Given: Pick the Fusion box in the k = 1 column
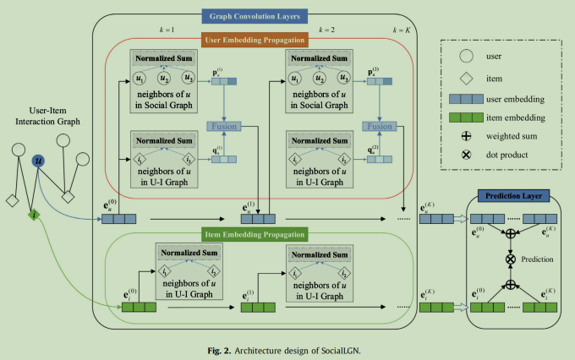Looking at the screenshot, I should click(x=224, y=127).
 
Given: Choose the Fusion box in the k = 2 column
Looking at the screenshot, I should click(x=380, y=127).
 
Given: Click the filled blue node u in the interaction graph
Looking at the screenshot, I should click(x=39, y=161).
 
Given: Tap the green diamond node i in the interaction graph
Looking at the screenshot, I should click(x=34, y=215).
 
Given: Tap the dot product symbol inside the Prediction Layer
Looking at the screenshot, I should click(x=511, y=259).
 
